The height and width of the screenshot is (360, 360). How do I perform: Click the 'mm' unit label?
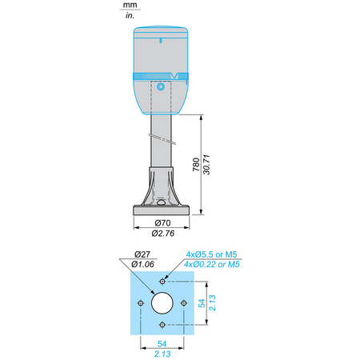[x=130, y=5]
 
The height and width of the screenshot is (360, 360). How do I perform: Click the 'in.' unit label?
[x=130, y=15]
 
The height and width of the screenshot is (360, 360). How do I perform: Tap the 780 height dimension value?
[x=196, y=165]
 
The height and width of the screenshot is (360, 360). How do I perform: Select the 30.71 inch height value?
[x=206, y=165]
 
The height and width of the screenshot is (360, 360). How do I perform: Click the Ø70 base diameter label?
[x=162, y=222]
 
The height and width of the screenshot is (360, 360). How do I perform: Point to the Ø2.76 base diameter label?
[x=163, y=234]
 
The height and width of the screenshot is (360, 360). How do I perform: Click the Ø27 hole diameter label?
[x=142, y=254]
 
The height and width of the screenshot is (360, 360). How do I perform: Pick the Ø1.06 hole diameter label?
[x=142, y=264]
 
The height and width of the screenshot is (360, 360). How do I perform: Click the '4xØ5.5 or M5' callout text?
[x=211, y=254]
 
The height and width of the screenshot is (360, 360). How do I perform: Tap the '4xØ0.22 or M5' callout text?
[x=212, y=264]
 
